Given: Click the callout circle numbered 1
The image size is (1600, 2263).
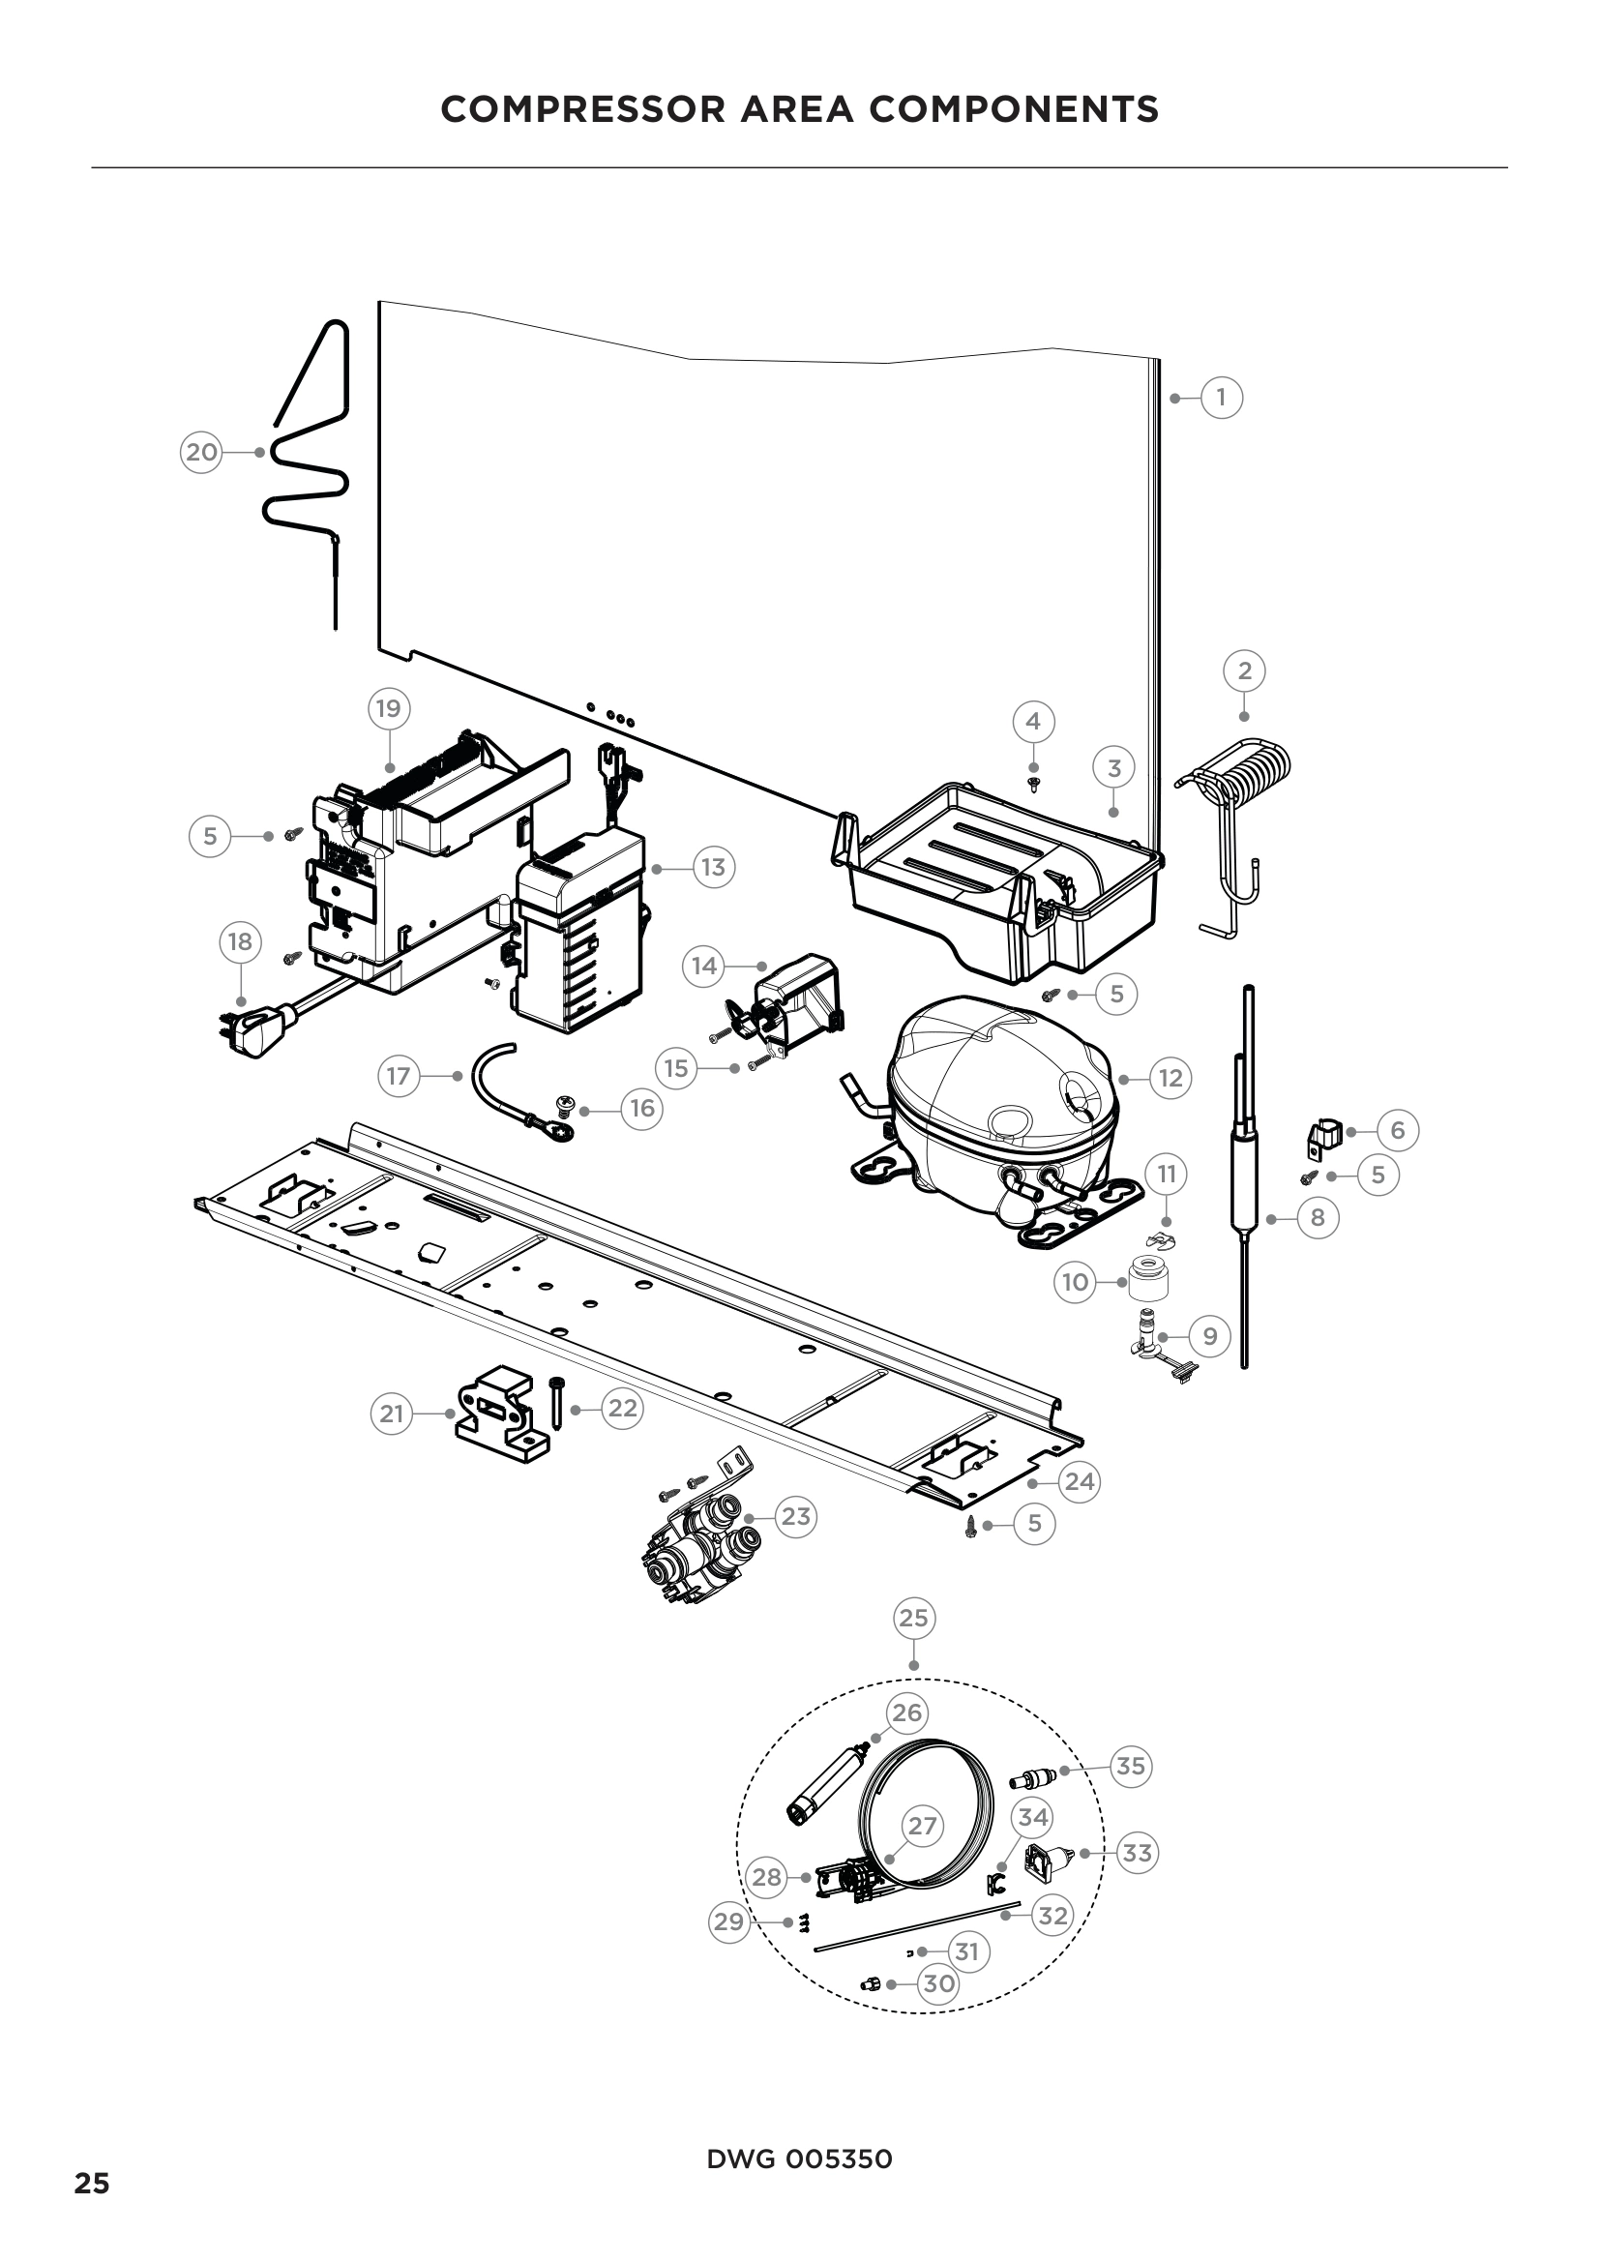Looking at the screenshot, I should (1221, 398).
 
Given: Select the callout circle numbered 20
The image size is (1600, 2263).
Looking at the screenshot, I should (201, 453).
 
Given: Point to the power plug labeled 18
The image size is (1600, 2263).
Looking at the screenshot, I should (253, 1027).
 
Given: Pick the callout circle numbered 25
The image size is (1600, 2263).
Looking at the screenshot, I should (913, 1618).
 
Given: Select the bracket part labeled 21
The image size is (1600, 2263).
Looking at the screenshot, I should (499, 1414).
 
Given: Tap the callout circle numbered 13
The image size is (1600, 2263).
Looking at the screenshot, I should (712, 867).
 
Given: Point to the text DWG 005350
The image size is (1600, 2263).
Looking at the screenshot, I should (799, 2159).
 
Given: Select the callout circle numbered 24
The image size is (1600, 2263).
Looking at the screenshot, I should (1079, 1481).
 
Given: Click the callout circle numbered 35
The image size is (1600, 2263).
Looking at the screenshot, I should (1130, 1766).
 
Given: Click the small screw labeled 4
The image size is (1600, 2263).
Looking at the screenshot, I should (1033, 784).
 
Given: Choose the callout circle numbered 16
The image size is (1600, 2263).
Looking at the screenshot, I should (641, 1109).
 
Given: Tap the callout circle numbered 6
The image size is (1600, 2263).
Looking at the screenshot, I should (1397, 1130).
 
